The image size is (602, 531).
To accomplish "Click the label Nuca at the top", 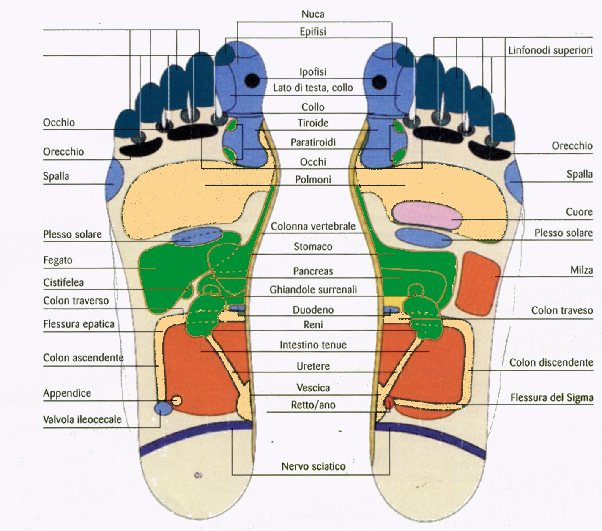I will click(x=313, y=14).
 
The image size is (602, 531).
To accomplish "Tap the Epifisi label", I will click(x=313, y=32).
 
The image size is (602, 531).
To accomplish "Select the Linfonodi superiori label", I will click(x=550, y=50).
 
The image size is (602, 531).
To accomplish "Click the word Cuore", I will click(x=579, y=212).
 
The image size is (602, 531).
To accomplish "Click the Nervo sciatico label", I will click(x=313, y=466).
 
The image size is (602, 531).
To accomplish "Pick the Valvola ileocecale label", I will click(x=82, y=419).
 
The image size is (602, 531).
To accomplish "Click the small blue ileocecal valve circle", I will click(x=163, y=408).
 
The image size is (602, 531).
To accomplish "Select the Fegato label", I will click(x=57, y=260).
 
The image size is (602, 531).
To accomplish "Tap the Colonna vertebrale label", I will click(x=313, y=227).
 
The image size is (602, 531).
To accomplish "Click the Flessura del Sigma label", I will click(x=551, y=398).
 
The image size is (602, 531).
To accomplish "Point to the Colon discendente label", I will click(x=551, y=363).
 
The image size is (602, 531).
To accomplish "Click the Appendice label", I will click(x=67, y=393).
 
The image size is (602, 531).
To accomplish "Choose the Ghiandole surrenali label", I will click(x=313, y=290).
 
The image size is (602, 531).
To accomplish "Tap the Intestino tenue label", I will click(x=313, y=345).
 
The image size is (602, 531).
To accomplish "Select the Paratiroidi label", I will click(x=313, y=142).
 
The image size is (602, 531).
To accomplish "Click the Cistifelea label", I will click(x=63, y=282).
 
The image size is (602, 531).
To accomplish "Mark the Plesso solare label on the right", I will click(x=563, y=233).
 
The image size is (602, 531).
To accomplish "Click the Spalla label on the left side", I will click(x=56, y=176).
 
